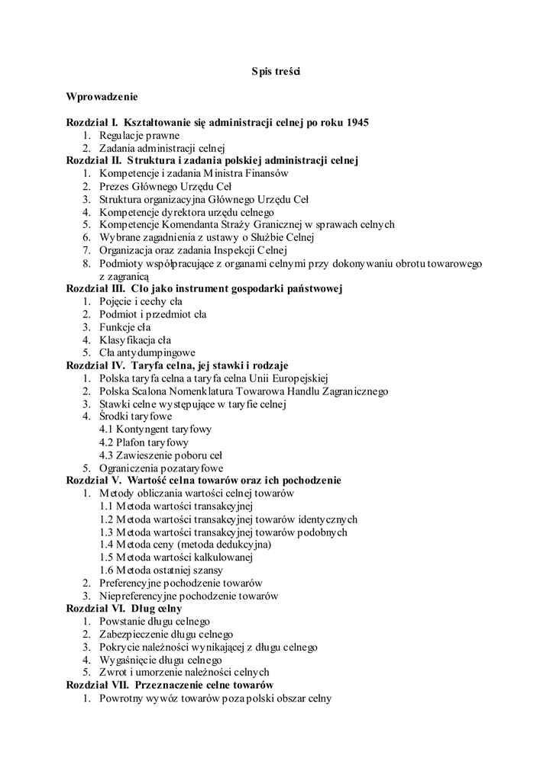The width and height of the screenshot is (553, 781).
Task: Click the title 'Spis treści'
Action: tap(276, 72)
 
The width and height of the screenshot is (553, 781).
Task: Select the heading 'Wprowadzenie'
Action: tap(102, 97)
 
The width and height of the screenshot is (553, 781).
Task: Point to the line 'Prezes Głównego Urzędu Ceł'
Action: tap(165, 186)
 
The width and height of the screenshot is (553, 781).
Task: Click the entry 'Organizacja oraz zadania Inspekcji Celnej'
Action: tap(192, 250)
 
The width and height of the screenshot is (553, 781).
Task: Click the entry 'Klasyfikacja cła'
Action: tap(135, 339)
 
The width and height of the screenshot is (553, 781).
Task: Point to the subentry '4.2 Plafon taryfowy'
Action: tap(144, 442)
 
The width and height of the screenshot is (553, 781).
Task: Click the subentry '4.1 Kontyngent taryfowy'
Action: tap(155, 429)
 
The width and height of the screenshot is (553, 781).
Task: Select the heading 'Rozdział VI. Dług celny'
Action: tap(124, 609)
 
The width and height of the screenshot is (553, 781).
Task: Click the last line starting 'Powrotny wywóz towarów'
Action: tap(215, 698)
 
